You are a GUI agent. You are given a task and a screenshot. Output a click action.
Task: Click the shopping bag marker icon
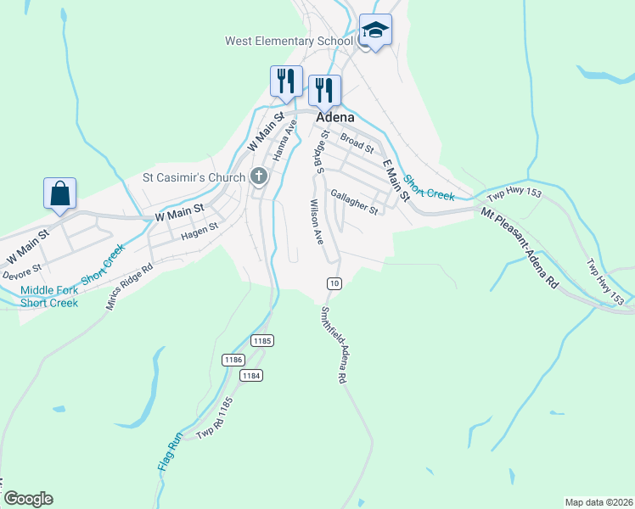[x=60, y=193]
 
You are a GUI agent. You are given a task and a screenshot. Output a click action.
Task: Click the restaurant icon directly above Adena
[x=324, y=90]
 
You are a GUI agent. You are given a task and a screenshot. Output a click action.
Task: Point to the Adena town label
[x=335, y=118]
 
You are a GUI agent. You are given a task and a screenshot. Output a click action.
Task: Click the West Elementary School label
[x=289, y=41]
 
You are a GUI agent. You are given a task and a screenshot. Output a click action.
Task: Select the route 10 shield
[x=334, y=282]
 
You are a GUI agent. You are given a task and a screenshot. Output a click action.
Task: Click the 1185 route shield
[x=261, y=340]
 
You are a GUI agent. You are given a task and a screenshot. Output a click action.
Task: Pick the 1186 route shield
[x=234, y=360]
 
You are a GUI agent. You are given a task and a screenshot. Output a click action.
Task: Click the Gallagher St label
[x=354, y=202]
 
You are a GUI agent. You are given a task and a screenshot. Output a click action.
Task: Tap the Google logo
[x=27, y=499]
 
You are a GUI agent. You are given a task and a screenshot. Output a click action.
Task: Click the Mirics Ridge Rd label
[x=130, y=286]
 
